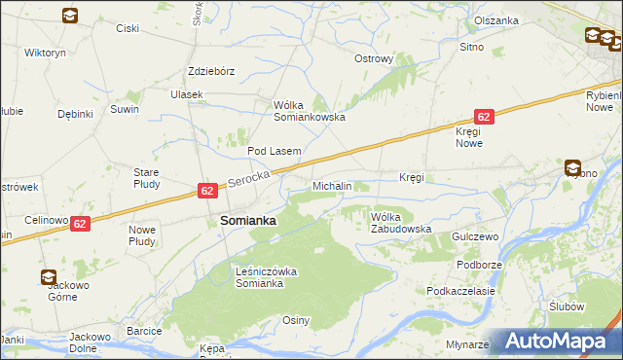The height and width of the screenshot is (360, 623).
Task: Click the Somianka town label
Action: pyautogui.click(x=248, y=221)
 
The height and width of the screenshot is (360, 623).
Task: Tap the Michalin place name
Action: pyautogui.click(x=331, y=185)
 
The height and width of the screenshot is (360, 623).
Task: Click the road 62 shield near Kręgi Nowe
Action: pyautogui.click(x=486, y=116)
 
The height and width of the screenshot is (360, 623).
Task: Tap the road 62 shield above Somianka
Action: pyautogui.click(x=207, y=191)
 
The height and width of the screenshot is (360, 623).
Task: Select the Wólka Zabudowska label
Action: pyautogui.click(x=400, y=223)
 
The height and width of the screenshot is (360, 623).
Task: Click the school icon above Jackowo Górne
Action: pyautogui.click(x=48, y=276)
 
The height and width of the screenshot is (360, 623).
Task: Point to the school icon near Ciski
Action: pyautogui.click(x=71, y=16)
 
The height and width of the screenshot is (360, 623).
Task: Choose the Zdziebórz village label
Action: pyautogui.click(x=212, y=71)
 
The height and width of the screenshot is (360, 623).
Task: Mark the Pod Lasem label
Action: pyautogui.click(x=274, y=151)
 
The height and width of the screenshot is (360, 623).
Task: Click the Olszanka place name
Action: pyautogui.click(x=495, y=20)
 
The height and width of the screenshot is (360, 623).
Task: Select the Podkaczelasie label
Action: pyautogui.click(x=461, y=291)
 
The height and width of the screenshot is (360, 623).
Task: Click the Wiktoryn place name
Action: pyautogui.click(x=45, y=52)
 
